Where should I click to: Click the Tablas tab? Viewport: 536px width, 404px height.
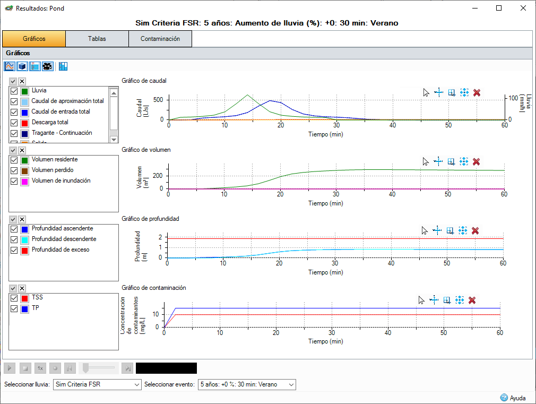click(x=97, y=39)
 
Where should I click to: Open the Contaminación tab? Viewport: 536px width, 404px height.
click(x=160, y=39)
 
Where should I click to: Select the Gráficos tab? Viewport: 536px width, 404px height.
click(x=34, y=39)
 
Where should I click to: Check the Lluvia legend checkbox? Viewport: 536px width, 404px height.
click(x=14, y=91)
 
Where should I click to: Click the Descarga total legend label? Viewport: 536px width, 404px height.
click(x=50, y=122)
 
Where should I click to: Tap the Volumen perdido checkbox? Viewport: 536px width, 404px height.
click(x=14, y=170)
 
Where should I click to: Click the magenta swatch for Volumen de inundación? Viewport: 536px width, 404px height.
click(x=24, y=181)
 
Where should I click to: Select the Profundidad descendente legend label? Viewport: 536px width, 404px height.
click(x=64, y=239)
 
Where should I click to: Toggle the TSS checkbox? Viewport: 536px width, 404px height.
click(x=14, y=298)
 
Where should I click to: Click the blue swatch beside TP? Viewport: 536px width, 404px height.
click(x=24, y=308)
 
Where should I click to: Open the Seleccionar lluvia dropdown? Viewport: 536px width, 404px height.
click(x=97, y=384)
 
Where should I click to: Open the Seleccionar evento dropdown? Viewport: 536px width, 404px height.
click(x=246, y=384)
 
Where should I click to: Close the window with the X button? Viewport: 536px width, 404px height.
click(x=523, y=8)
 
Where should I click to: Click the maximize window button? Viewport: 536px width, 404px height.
click(x=499, y=8)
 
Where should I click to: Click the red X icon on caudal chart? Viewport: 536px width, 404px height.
click(x=477, y=92)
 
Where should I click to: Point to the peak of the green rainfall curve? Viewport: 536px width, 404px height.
click(x=247, y=95)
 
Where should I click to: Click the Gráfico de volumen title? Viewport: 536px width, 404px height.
click(x=146, y=150)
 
